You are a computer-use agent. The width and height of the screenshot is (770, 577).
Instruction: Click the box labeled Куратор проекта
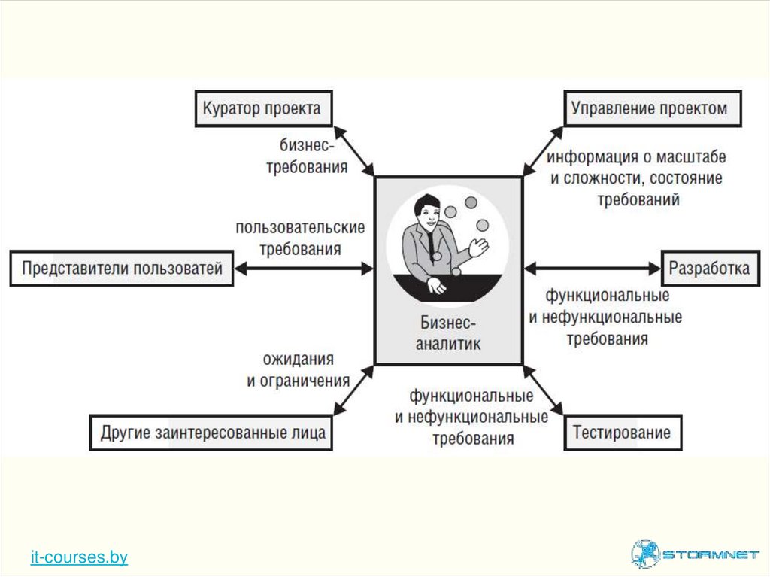point(262,108)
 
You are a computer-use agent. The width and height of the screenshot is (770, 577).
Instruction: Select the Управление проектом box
point(651,108)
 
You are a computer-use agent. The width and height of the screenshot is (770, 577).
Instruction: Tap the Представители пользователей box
point(122,269)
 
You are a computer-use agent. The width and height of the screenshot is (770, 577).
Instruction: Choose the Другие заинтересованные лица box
point(211,433)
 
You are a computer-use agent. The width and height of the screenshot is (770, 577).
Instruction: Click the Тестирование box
point(622,433)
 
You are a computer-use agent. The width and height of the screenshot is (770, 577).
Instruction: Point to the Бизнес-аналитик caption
point(449,334)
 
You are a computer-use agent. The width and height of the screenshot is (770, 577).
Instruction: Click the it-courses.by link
point(79,557)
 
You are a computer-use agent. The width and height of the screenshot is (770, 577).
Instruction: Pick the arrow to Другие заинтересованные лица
point(353,389)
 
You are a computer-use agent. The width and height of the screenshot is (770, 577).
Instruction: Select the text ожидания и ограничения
point(299,370)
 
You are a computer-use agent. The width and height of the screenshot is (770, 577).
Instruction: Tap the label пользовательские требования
point(299,238)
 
